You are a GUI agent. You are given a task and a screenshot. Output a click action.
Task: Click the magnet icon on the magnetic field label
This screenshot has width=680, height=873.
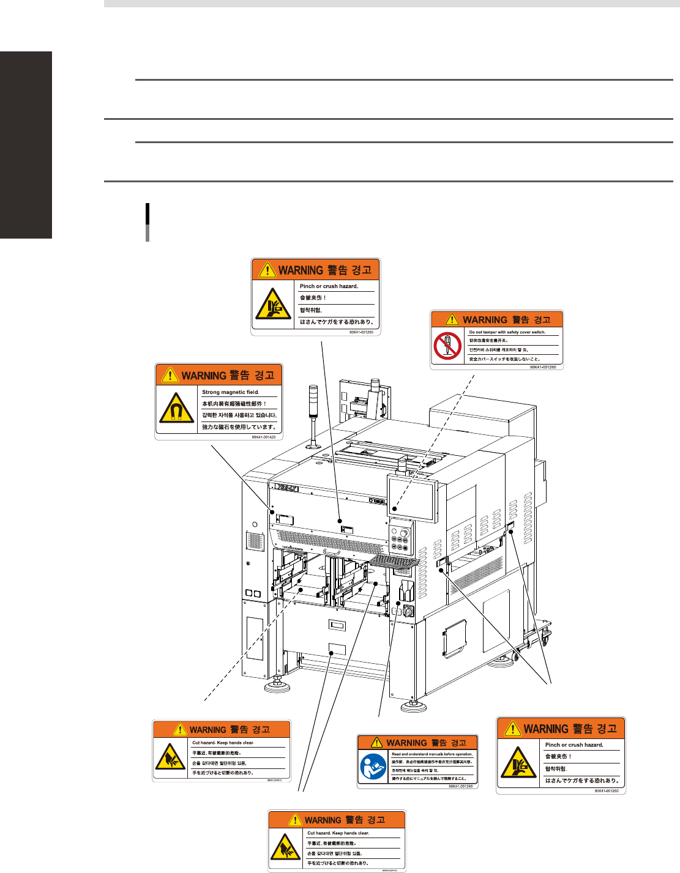177,409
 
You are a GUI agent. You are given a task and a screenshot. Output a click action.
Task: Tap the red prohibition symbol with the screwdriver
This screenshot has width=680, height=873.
447,346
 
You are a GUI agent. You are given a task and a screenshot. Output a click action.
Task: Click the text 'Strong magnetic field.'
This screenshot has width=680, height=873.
231,392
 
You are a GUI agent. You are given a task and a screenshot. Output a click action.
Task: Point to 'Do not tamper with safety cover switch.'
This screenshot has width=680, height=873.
507,332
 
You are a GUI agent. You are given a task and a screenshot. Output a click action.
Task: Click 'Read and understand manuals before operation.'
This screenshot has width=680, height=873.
432,754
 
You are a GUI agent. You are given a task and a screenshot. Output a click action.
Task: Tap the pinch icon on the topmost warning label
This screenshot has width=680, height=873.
274,304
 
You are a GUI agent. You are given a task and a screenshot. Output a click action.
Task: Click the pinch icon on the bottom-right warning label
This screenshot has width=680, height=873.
519,763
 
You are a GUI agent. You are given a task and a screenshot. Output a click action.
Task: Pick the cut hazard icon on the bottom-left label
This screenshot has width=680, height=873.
170,757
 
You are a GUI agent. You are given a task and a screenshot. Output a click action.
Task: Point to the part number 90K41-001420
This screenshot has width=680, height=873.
263,437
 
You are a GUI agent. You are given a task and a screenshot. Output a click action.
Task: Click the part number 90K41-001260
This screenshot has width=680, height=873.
543,367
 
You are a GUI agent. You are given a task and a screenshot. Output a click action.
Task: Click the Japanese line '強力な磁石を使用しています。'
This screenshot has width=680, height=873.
239,427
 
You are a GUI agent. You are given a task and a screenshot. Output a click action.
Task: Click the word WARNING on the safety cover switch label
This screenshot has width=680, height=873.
485,319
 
